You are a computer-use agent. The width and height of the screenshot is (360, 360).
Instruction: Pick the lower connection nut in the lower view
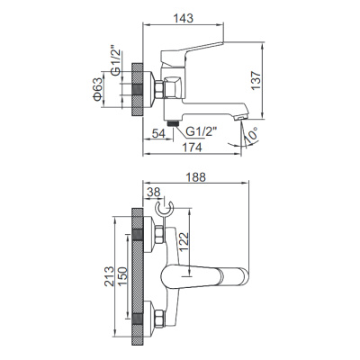[x=157, y=316]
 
